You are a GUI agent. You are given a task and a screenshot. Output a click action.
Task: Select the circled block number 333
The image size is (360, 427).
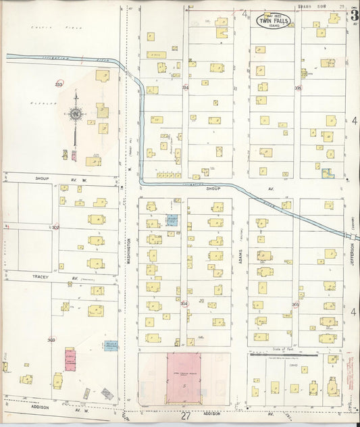[x=59, y=84]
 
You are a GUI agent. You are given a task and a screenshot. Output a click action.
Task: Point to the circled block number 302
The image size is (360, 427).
[x=55, y=228]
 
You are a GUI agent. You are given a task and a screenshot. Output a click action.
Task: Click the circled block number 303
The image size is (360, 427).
[x=51, y=340]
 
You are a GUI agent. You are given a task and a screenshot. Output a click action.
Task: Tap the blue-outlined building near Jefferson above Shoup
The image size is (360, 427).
[x=328, y=174]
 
